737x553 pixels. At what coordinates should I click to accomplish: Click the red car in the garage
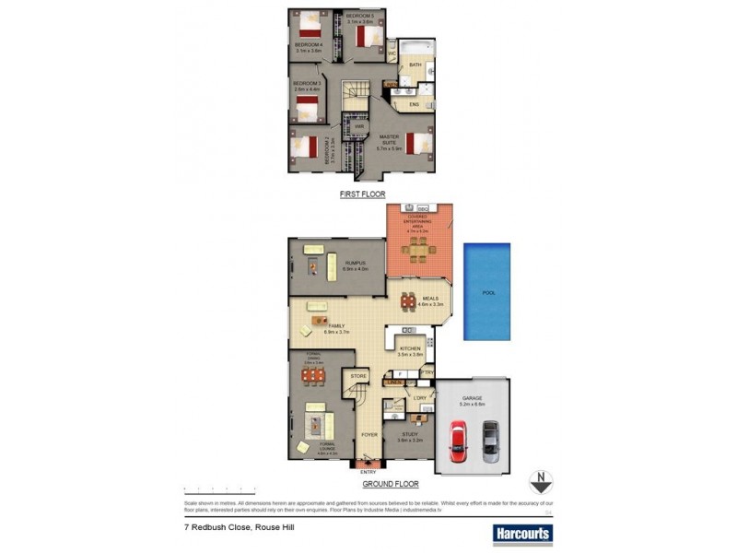click(x=458, y=441)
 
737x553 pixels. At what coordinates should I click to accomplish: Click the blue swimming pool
click(x=487, y=290)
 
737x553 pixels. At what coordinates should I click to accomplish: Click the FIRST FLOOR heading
click(x=362, y=194)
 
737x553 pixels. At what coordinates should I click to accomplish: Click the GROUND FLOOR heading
click(x=392, y=484)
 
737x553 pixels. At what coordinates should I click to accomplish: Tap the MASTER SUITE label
click(x=389, y=139)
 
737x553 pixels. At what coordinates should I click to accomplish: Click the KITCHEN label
click(x=410, y=349)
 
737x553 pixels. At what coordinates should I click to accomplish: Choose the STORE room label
click(x=357, y=377)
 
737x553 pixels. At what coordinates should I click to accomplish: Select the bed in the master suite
click(x=416, y=145)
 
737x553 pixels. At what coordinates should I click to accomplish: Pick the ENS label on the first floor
click(x=414, y=105)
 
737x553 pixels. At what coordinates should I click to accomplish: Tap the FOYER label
click(x=368, y=434)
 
